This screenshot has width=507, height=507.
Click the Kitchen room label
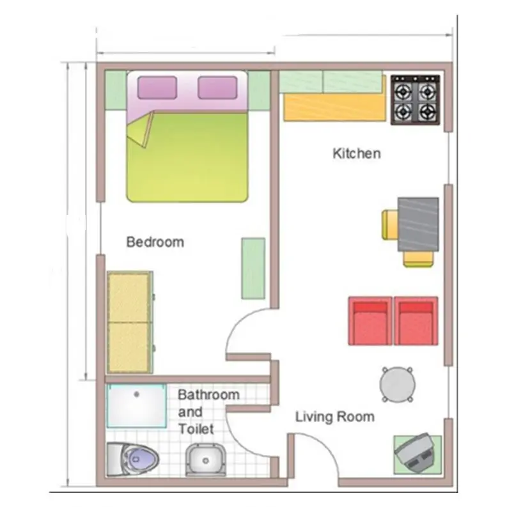click(357, 153)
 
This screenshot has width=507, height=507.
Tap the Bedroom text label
click(155, 242)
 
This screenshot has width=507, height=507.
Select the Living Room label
click(335, 416)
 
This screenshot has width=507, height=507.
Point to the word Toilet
click(196, 429)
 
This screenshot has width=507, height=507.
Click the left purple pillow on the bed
click(157, 88)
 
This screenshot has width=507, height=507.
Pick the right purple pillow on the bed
click(217, 88)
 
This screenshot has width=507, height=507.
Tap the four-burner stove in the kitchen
click(416, 100)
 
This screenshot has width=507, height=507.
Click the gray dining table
click(418, 224)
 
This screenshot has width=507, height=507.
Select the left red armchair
click(370, 321)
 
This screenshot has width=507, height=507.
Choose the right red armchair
click(416, 321)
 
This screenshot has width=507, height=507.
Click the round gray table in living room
click(398, 384)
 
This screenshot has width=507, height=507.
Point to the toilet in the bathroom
click(132, 459)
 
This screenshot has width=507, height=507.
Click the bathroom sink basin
click(206, 460)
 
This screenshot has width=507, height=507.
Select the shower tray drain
click(136, 394)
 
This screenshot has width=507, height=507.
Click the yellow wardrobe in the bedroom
click(130, 322)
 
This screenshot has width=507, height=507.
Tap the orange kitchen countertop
click(335, 107)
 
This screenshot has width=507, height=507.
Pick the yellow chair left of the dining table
click(389, 224)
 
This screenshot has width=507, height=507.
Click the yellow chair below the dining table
click(418, 259)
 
